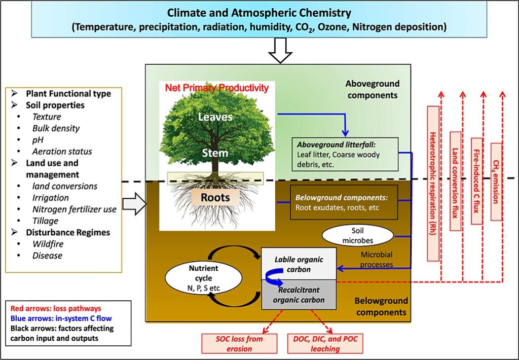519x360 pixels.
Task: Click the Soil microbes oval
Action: point(358,235)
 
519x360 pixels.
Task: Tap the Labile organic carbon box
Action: point(299,263)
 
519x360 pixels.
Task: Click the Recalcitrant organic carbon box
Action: point(299,294)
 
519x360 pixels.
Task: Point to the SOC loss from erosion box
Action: point(239,343)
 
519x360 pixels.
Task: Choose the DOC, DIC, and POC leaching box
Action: point(324,343)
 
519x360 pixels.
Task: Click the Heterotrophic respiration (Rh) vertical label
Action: point(433,183)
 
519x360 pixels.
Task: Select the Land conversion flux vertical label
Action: point(455,181)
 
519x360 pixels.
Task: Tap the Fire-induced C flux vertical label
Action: point(476,181)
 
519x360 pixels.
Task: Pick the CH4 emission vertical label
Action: point(496,182)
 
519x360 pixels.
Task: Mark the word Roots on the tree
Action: point(215,198)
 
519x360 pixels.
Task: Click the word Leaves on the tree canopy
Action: point(215,117)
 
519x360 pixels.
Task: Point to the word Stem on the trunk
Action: point(215,153)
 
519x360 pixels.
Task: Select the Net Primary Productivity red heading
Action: point(216,88)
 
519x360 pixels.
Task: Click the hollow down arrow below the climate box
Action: point(280,51)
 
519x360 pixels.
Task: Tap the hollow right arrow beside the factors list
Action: point(135,204)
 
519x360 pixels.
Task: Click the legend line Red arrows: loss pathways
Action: point(48,309)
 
